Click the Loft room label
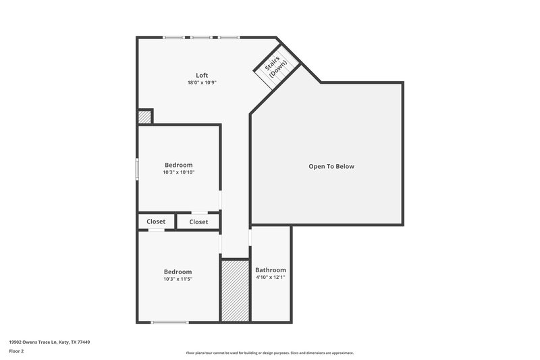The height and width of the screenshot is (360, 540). pyautogui.click(x=202, y=75)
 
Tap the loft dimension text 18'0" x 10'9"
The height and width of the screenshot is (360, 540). pyautogui.click(x=202, y=82)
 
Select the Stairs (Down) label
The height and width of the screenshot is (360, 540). pyautogui.click(x=275, y=68)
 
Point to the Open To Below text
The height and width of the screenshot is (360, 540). pyautogui.click(x=331, y=166)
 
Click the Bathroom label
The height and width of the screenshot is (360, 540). pyautogui.click(x=270, y=270)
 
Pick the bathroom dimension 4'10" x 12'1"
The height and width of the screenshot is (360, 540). pyautogui.click(x=270, y=278)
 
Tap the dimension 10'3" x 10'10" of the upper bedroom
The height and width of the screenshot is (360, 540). pyautogui.click(x=179, y=172)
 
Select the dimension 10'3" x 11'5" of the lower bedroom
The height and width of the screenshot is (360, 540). pyautogui.click(x=178, y=279)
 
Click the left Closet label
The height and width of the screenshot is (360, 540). pyautogui.click(x=156, y=222)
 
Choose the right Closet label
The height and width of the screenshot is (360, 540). pyautogui.click(x=198, y=222)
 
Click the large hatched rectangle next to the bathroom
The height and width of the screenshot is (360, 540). pyautogui.click(x=236, y=290)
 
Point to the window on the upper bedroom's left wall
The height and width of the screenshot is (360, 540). pyautogui.click(x=137, y=169)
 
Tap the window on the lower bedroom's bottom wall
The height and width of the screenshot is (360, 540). pyautogui.click(x=169, y=322)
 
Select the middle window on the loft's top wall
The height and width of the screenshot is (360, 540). pyautogui.click(x=200, y=37)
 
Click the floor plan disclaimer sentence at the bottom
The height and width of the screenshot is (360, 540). pyautogui.click(x=269, y=353)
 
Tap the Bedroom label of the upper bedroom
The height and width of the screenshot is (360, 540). pyautogui.click(x=179, y=165)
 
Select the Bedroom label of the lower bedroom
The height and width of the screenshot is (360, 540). pyautogui.click(x=178, y=272)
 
